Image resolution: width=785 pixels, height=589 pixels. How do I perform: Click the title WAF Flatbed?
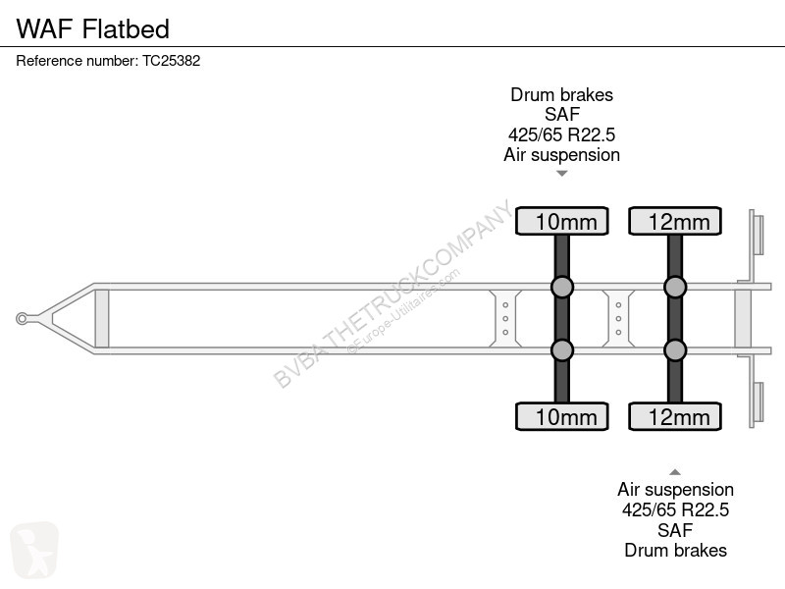coord(93,28)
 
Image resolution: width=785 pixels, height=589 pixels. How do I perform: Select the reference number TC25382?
coord(171,61)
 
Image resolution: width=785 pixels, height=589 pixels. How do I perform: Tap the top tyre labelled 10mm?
coord(561,221)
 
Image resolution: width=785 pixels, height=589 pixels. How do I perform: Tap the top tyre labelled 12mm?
coord(675,221)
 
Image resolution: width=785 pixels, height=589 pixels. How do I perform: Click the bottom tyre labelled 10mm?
coord(561,416)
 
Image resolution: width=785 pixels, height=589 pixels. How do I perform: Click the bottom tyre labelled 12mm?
coord(675,416)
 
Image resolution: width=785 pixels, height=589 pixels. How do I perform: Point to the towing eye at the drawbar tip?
coord(22,318)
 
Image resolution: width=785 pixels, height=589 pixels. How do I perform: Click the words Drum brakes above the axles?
coord(561,94)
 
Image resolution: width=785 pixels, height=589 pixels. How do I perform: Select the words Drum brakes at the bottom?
coord(675,551)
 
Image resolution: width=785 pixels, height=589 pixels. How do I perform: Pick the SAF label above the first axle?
coord(561,115)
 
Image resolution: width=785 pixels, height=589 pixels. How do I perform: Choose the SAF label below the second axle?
coord(675,530)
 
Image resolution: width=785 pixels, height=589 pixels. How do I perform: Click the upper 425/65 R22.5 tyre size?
coord(561,134)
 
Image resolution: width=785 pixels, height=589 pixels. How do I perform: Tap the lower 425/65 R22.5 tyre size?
coord(675,509)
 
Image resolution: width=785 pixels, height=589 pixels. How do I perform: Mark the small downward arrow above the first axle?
coord(561,174)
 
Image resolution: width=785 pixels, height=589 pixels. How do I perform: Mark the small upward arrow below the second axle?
coord(675,472)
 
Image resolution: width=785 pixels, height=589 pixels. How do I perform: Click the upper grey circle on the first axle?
coord(561,287)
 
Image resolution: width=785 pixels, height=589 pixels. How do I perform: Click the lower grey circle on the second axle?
coord(675,350)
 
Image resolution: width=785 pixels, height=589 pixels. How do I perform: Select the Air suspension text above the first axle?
coord(561,155)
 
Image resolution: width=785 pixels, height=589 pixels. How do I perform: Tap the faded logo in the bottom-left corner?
coord(34,550)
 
